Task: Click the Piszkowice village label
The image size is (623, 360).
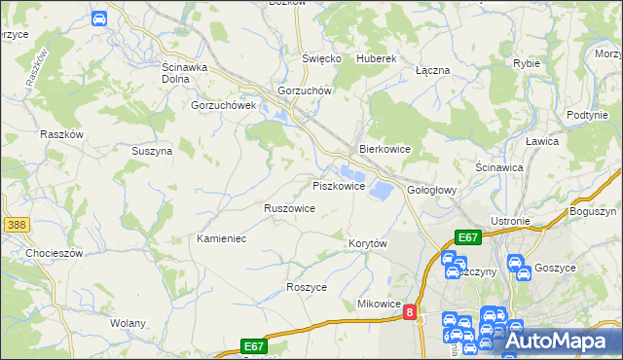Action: pyautogui.click(x=338, y=186)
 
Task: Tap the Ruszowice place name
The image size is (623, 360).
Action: pyautogui.click(x=289, y=208)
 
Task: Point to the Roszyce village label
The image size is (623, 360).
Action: pyautogui.click(x=307, y=288)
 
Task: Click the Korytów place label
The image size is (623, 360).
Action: pyautogui.click(x=368, y=242)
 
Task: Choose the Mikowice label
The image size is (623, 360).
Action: pyautogui.click(x=379, y=304)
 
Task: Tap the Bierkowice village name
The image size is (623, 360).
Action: pyautogui.click(x=385, y=150)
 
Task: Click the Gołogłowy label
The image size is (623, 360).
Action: pyautogui.click(x=431, y=190)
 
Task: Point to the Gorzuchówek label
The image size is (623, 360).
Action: pyautogui.click(x=223, y=105)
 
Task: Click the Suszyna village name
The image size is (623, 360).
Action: pyautogui.click(x=152, y=152)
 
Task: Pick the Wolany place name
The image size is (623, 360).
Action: pyautogui.click(x=128, y=323)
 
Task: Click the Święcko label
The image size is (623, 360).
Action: pyautogui.click(x=321, y=58)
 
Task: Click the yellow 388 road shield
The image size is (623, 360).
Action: pyautogui.click(x=16, y=225)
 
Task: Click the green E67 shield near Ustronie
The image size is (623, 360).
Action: pyautogui.click(x=468, y=237)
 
